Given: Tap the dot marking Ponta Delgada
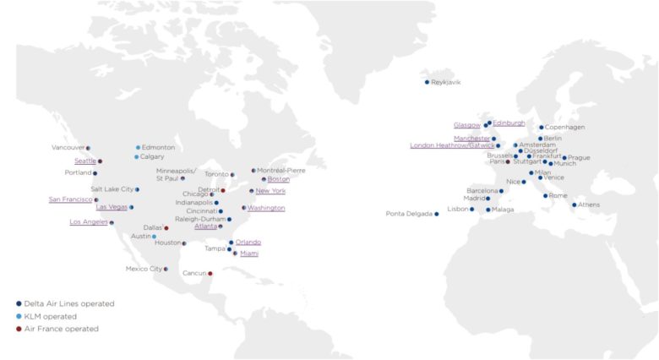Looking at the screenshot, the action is click(437, 214).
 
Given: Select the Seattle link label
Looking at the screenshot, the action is click(85, 161).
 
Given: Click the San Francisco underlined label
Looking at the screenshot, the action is click(70, 199).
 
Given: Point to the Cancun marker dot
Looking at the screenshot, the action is click(210, 273).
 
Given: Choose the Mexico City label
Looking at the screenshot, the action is click(144, 269).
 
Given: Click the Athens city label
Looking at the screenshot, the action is click(589, 205).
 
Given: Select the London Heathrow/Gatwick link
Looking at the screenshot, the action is click(452, 145).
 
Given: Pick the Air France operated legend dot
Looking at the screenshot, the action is click(19, 329).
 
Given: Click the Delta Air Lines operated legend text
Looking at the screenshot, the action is click(70, 303).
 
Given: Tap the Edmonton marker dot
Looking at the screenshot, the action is click(138, 147).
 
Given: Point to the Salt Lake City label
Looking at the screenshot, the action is click(112, 189).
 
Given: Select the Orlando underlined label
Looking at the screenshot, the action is click(248, 243).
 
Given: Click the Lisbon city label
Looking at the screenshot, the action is click(458, 209).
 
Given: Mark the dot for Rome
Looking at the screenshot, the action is click(545, 196).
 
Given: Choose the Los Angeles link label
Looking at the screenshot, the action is click(89, 222).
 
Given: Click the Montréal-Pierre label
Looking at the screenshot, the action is click(281, 170).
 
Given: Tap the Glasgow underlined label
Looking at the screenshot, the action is click(467, 125).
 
